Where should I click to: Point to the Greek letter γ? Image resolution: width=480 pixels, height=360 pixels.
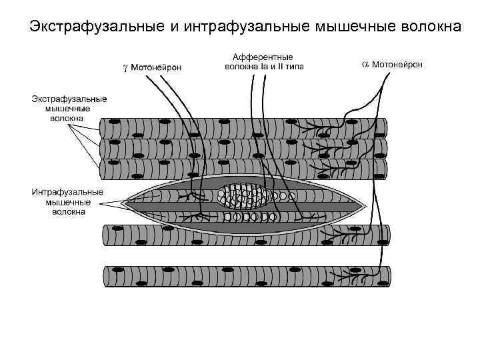pyautogui.click(x=125, y=66)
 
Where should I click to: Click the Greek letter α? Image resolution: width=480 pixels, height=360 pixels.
pyautogui.click(x=365, y=64)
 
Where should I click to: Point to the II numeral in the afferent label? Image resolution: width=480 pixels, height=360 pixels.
pyautogui.click(x=277, y=67)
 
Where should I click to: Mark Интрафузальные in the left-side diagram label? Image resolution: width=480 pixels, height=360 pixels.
pyautogui.click(x=68, y=192)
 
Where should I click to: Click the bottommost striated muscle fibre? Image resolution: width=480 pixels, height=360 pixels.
pyautogui.click(x=247, y=276)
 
